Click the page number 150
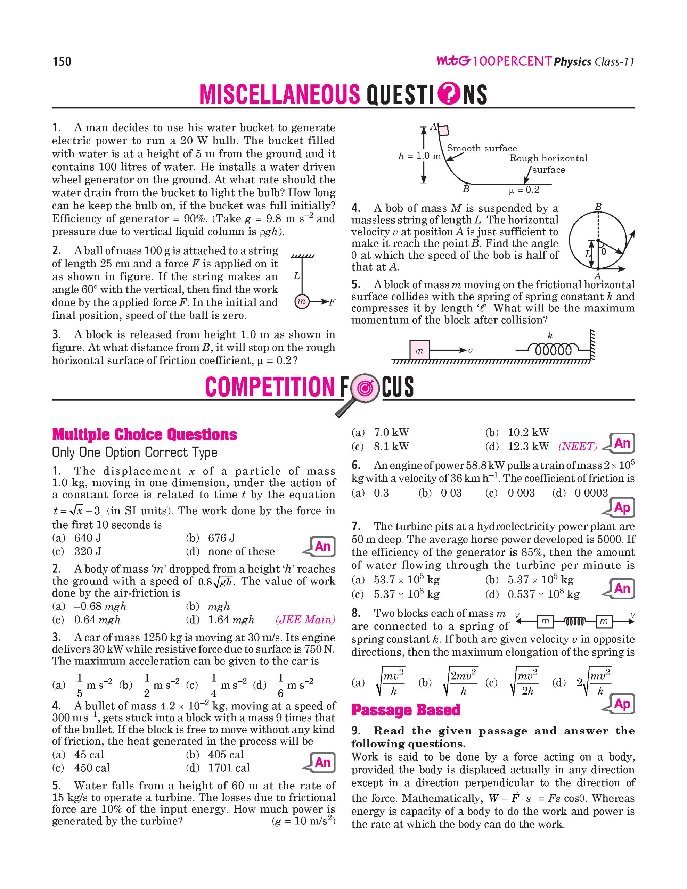(62, 62)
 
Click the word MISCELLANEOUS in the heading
(279, 94)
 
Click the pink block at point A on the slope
(443, 130)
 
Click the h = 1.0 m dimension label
(419, 156)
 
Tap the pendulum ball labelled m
(301, 302)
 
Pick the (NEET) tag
(578, 447)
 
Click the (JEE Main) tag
(305, 620)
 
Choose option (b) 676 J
(221, 538)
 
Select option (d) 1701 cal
(228, 768)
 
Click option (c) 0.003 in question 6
(521, 493)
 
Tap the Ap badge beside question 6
(622, 508)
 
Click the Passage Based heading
(406, 710)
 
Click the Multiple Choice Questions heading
(145, 434)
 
